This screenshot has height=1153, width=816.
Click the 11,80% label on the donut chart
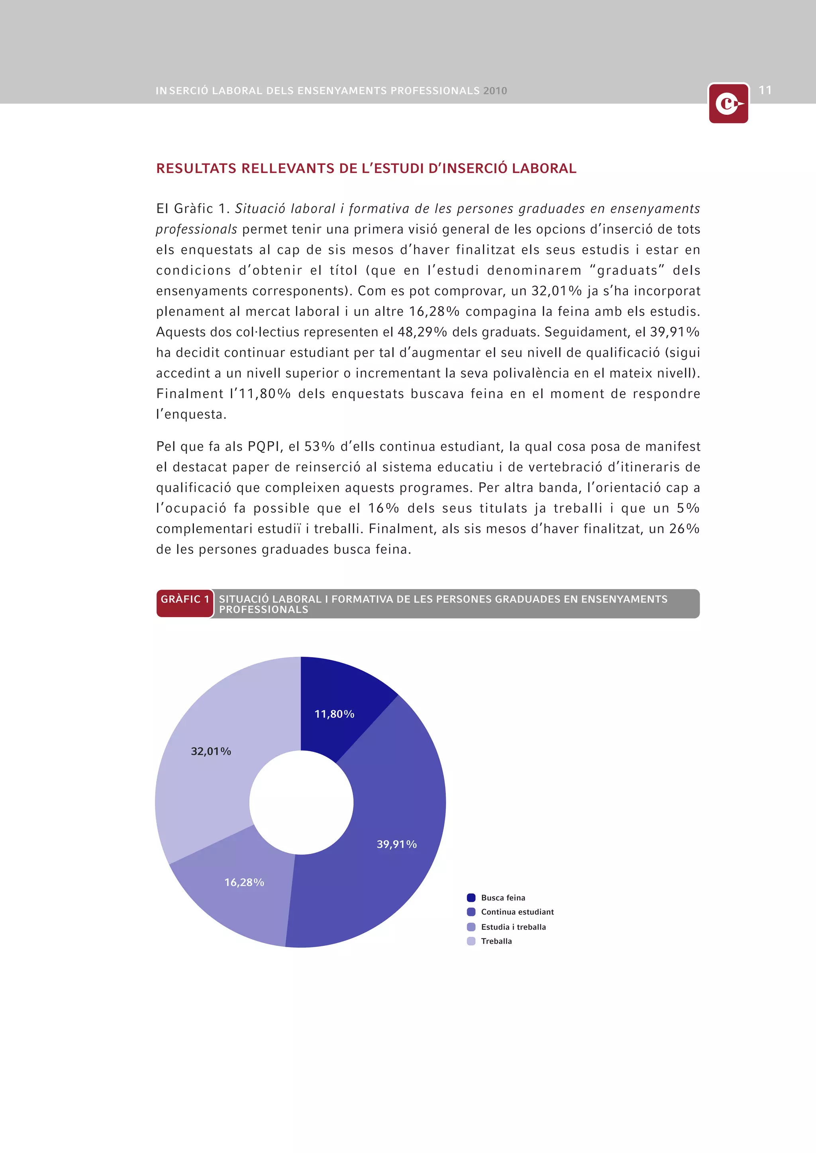click(334, 714)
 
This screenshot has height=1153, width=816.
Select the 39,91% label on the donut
click(396, 844)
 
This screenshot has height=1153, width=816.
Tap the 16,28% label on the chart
click(244, 882)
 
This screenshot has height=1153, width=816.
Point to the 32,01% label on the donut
click(211, 751)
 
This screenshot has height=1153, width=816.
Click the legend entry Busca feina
click(503, 898)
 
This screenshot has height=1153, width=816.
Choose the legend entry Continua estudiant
click(517, 912)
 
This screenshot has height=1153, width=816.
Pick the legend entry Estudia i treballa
click(513, 927)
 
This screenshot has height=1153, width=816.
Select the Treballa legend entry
click(496, 941)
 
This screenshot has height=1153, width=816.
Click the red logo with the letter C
click(728, 104)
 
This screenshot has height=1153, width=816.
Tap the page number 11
click(765, 90)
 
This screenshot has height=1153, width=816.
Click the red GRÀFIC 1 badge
click(185, 603)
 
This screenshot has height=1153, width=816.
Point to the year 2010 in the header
click(495, 91)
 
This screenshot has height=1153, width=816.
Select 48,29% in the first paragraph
click(416, 332)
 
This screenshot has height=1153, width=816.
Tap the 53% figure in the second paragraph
click(320, 446)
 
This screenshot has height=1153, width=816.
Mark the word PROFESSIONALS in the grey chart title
click(263, 610)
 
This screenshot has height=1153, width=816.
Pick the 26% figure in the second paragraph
click(685, 529)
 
